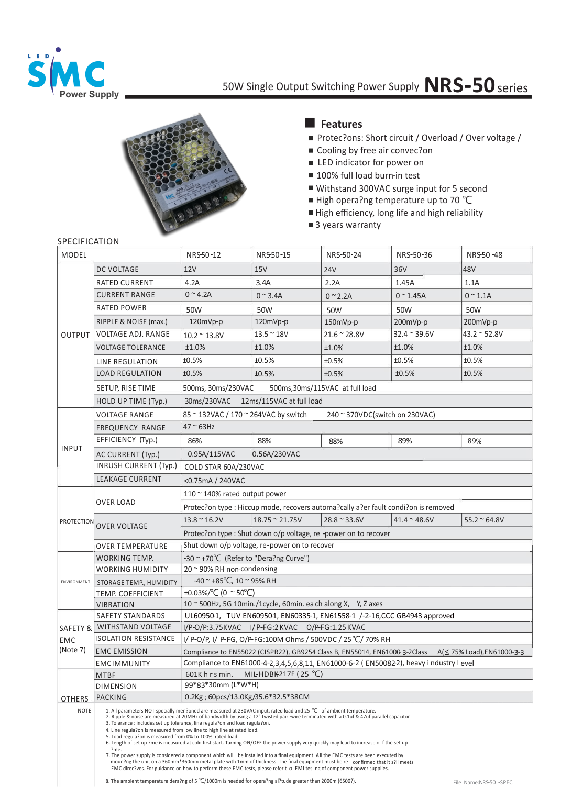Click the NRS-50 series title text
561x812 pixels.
tap(476, 85)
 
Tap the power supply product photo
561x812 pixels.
tap(183, 173)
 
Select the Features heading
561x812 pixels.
tap(341, 124)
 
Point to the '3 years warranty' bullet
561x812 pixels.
tap(348, 225)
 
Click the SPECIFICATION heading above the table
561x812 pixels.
tap(88, 241)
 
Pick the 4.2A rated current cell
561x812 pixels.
tap(192, 283)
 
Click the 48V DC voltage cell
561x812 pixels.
tap(469, 269)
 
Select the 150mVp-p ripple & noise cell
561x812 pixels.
tap(341, 322)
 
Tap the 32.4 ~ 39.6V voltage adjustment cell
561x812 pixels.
tap(413, 334)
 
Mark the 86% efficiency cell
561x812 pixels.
tap(195, 441)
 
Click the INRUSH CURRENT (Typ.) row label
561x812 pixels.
tap(136, 465)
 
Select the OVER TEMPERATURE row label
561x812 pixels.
tap(131, 546)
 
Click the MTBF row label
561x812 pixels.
tap(106, 675)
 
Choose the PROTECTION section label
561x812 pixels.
tap(76, 521)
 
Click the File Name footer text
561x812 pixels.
tap(482, 782)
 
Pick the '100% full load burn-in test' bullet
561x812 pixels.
tap(368, 175)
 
